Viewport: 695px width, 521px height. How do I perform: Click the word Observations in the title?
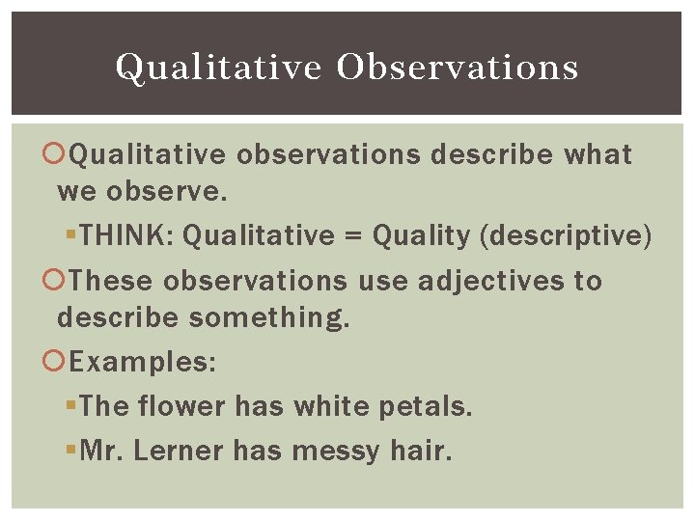point(459,67)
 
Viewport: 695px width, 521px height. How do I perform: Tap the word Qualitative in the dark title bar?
point(219,67)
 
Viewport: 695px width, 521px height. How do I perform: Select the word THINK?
point(125,234)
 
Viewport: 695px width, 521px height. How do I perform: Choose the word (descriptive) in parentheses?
point(575,234)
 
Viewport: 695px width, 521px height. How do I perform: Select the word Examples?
point(143,363)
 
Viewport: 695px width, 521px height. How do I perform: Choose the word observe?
point(167,191)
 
